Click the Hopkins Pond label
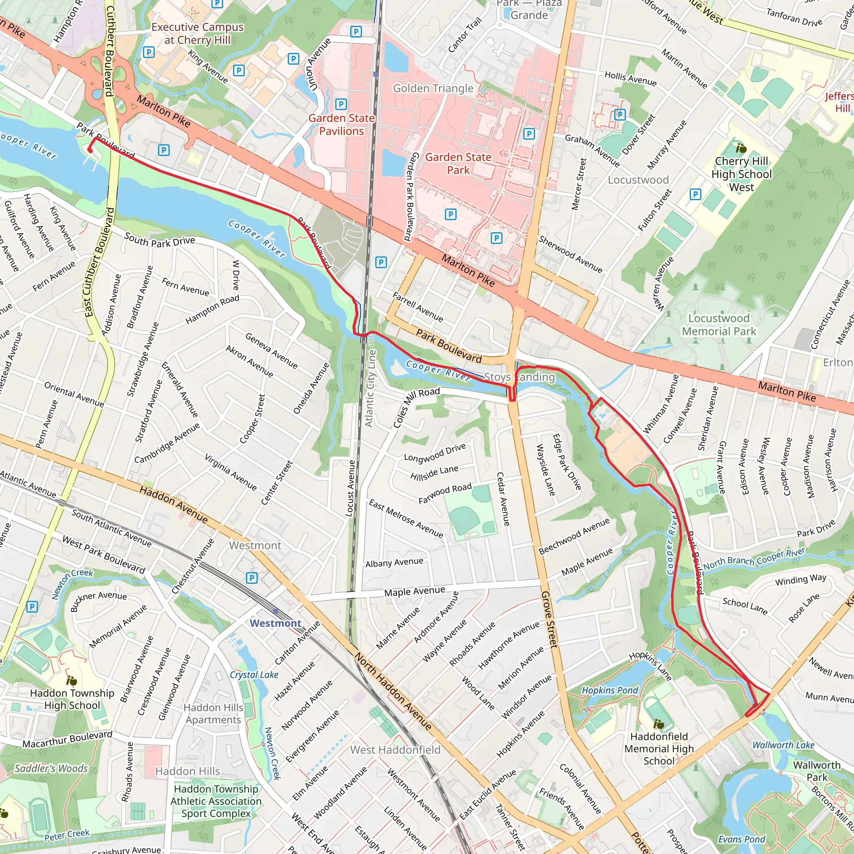click(x=610, y=690)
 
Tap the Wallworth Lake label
click(x=783, y=745)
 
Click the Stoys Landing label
click(x=520, y=377)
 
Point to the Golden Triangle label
click(x=433, y=88)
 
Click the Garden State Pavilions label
click(x=341, y=125)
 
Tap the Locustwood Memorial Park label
click(x=719, y=324)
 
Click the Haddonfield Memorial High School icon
click(x=658, y=724)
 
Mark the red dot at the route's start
click(x=90, y=150)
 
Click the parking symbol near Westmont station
click(x=251, y=578)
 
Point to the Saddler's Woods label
click(x=51, y=768)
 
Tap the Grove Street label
click(x=550, y=619)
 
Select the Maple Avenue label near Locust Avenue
click(x=414, y=591)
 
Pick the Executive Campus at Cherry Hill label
click(x=197, y=33)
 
